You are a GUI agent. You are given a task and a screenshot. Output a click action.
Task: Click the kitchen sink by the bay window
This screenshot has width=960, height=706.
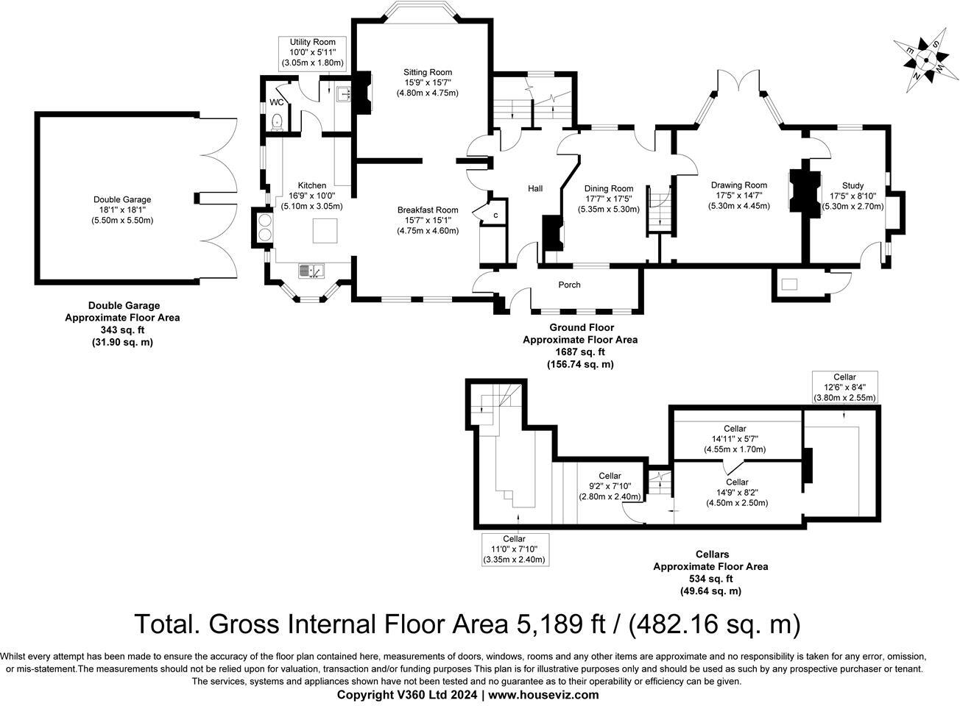(x=312, y=271)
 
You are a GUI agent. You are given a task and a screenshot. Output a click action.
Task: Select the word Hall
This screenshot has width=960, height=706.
(x=535, y=189)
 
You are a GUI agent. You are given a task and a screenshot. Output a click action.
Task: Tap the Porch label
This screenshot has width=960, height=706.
(x=569, y=285)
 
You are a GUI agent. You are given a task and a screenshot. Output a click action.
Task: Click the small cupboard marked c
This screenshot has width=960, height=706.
(x=495, y=215)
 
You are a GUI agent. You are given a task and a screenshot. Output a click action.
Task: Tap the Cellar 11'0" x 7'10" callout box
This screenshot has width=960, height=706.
(x=515, y=549)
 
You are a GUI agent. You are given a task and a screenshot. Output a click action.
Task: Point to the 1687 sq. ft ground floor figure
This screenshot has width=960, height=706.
(x=579, y=352)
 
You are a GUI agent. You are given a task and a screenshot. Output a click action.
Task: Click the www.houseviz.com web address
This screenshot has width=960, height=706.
(x=543, y=694)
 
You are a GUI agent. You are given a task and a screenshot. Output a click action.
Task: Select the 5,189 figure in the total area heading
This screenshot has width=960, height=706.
(x=539, y=624)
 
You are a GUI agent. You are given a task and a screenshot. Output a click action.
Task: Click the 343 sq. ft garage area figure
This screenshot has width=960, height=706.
(x=122, y=330)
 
